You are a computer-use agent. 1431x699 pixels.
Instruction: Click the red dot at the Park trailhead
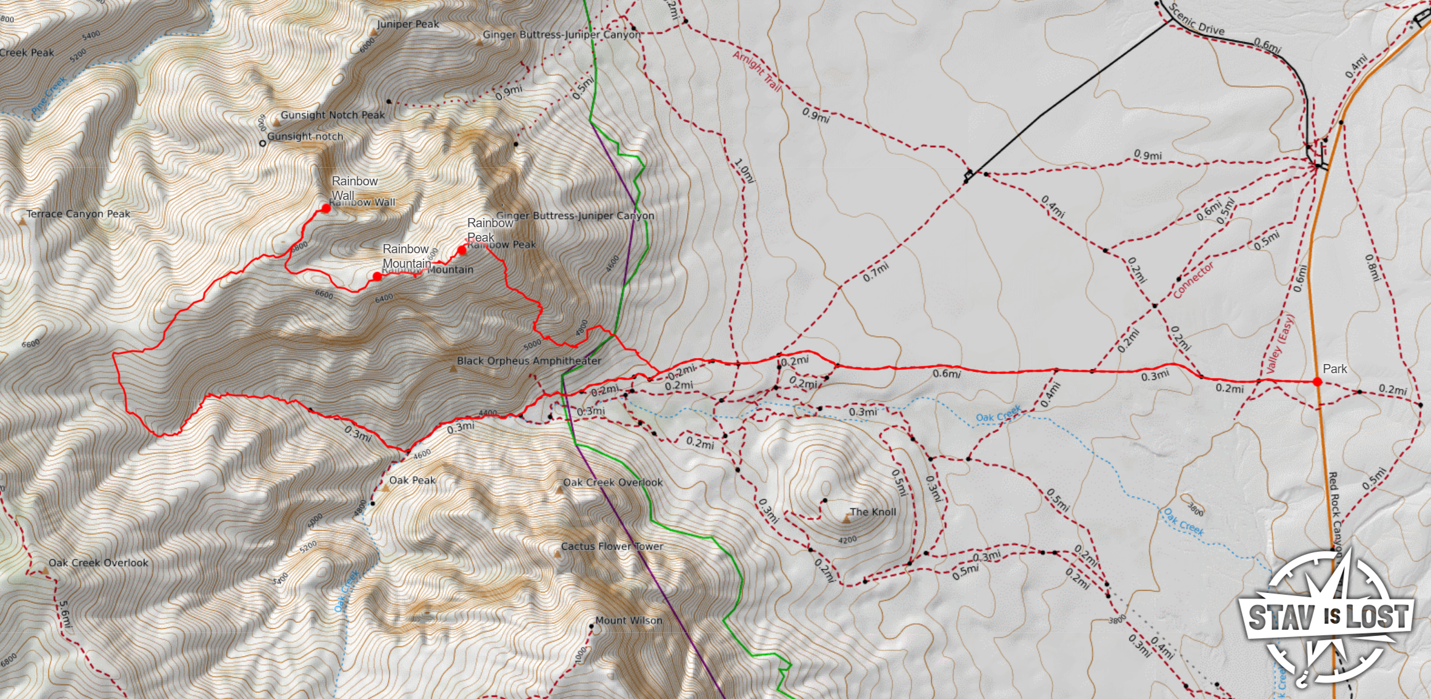click(1317, 382)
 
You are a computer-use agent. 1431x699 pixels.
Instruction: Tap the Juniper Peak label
click(407, 24)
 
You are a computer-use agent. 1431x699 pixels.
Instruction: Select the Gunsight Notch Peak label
click(332, 115)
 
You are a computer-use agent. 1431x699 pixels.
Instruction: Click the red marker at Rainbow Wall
click(326, 208)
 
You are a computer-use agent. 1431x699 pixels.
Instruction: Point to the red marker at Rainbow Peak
click(462, 250)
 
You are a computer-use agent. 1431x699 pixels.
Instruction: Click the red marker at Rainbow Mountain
click(377, 277)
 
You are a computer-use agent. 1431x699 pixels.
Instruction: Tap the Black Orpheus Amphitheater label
click(529, 361)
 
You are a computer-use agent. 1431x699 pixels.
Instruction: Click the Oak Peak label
click(412, 480)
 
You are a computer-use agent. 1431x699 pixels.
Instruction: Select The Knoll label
click(872, 512)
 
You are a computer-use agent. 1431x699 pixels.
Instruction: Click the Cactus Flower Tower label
click(612, 546)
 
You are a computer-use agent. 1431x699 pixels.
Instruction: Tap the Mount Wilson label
click(629, 621)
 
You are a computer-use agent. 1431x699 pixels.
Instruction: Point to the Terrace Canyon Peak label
click(78, 214)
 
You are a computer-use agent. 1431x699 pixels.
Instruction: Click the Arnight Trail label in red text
click(756, 71)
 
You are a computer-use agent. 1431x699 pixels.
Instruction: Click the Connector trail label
click(1193, 280)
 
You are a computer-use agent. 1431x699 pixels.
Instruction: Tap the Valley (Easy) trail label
click(1279, 343)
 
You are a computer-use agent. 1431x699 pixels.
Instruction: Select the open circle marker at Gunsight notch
click(262, 144)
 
